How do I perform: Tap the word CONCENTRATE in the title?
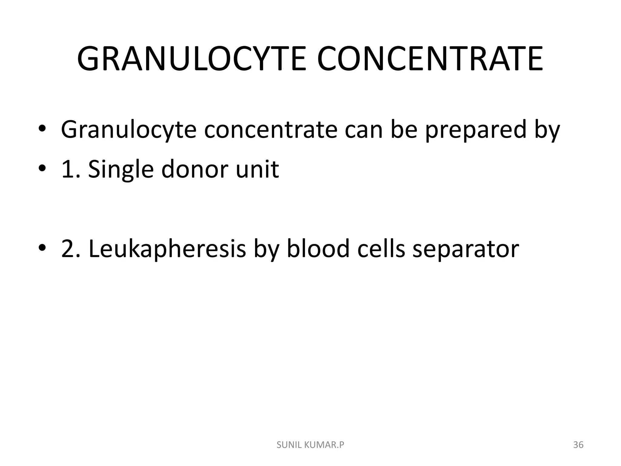(x=430, y=59)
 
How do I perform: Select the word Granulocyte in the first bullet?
(x=129, y=130)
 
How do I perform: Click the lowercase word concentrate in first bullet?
(x=271, y=130)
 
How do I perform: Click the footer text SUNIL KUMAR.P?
(x=310, y=445)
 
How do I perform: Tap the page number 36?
(x=578, y=445)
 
